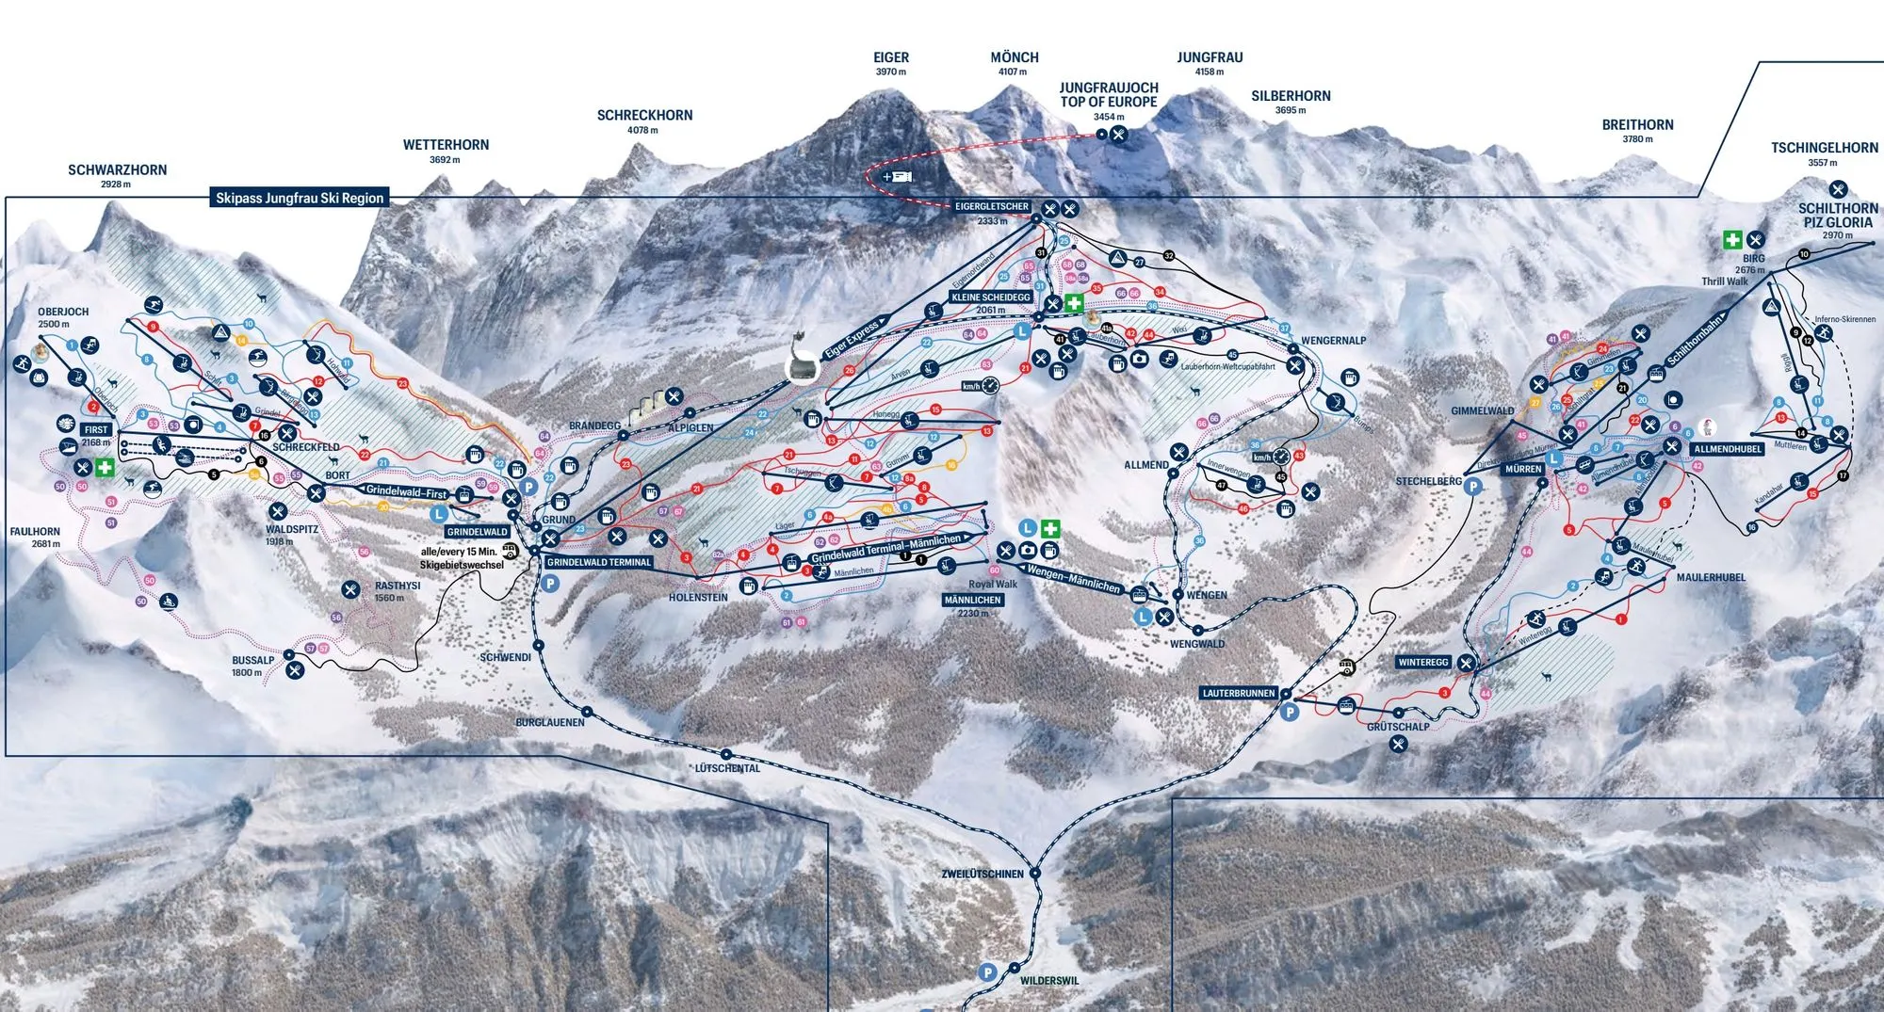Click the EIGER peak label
click(x=891, y=58)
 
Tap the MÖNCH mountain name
click(x=1015, y=58)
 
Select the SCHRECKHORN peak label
click(x=644, y=116)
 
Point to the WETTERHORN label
click(x=446, y=145)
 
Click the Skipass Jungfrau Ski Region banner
click(x=300, y=198)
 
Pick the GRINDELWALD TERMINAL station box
click(x=599, y=562)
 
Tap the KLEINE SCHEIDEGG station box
click(x=991, y=297)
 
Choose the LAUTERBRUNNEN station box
click(x=1239, y=693)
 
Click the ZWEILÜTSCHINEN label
click(x=983, y=874)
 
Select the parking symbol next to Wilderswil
click(x=987, y=972)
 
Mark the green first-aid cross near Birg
click(x=1731, y=240)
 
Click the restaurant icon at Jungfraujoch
click(x=1118, y=135)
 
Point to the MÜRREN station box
click(x=1523, y=469)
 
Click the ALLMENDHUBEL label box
click(x=1728, y=449)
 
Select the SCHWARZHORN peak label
click(x=117, y=170)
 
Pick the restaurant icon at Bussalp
click(x=295, y=670)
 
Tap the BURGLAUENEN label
click(x=550, y=722)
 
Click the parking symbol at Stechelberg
click(x=1472, y=487)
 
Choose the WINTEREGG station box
click(x=1423, y=663)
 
